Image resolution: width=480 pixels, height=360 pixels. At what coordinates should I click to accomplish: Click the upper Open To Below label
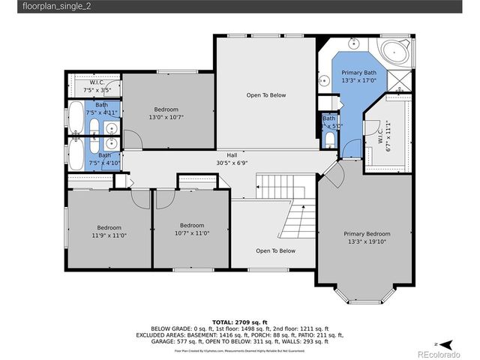click(x=266, y=95)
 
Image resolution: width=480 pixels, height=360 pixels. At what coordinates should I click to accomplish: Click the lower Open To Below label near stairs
click(x=275, y=251)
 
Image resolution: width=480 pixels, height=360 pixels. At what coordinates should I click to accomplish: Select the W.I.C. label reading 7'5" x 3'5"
click(x=96, y=86)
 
